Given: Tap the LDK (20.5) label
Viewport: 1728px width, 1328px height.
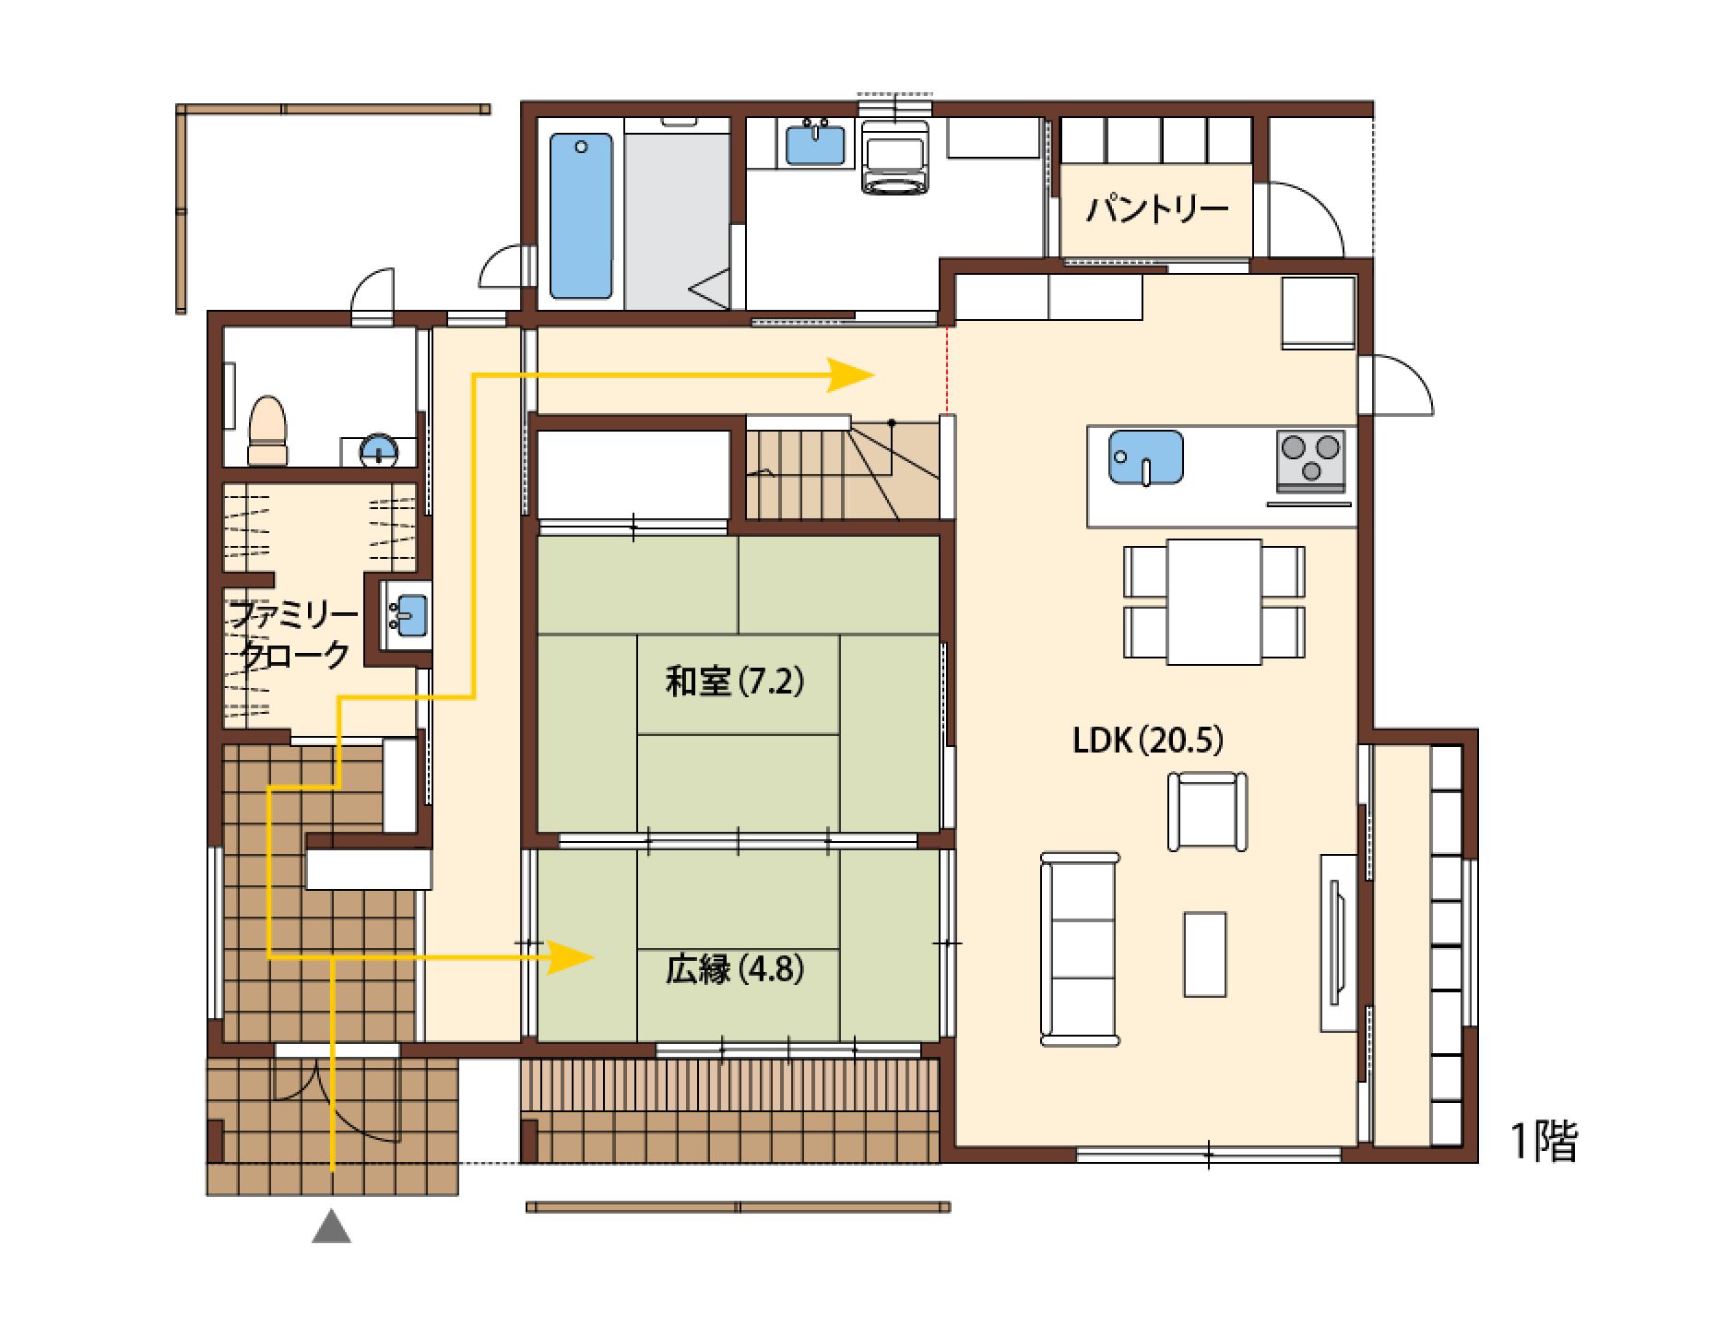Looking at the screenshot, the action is coord(1147,740).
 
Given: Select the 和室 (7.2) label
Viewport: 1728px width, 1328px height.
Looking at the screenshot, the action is coord(735,682).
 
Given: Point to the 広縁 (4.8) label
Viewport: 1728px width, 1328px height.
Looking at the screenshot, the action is coord(735,969).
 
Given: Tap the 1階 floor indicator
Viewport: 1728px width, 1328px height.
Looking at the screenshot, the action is coord(1544,1141).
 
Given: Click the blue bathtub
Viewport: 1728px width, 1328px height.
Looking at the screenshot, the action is coord(581,216).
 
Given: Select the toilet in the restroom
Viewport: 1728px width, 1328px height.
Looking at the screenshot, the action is coord(268,430).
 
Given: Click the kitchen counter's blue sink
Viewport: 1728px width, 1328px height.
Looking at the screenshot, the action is coord(1146,457).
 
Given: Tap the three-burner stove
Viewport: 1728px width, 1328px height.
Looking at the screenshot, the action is coord(1310,459).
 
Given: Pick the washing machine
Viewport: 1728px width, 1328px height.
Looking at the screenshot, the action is coord(896,156).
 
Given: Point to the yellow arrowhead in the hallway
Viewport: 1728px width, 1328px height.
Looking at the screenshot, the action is coord(850,375).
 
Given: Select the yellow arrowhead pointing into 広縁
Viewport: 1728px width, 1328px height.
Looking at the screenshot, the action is coord(569,958).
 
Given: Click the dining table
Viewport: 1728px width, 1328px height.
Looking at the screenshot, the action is coord(1213,601).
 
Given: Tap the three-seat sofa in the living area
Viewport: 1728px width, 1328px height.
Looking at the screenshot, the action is coord(1079,949).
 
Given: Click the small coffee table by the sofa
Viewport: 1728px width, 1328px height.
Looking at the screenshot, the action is coord(1205,954).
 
